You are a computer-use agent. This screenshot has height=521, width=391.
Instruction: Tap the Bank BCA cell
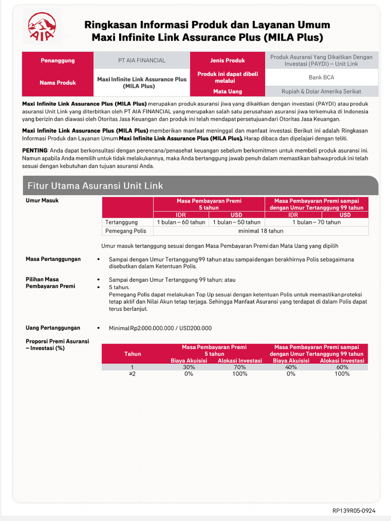tap(321, 78)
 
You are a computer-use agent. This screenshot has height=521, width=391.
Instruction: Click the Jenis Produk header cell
tap(227, 61)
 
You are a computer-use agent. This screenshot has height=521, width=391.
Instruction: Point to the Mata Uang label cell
tap(228, 92)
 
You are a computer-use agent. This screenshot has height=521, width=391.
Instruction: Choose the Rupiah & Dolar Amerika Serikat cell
tap(321, 92)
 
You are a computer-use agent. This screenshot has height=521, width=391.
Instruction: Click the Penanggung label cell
tap(58, 61)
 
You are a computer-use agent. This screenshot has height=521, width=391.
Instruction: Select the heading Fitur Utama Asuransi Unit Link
tap(95, 186)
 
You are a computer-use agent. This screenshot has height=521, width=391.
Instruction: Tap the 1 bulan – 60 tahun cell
tap(181, 222)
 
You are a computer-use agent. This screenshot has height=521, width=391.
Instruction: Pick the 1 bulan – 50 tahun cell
tap(236, 222)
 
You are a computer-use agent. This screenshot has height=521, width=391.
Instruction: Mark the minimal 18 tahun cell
tap(261, 231)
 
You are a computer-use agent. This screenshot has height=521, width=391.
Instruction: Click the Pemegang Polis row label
tap(125, 231)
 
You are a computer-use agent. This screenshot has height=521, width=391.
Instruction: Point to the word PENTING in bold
tap(35, 151)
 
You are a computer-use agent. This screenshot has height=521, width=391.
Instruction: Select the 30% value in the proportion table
tap(189, 367)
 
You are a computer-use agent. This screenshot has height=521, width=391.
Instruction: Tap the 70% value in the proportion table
tap(240, 367)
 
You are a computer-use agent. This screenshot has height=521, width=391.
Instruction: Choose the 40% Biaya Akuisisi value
tap(291, 367)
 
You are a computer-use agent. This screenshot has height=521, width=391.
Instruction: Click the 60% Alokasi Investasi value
tap(342, 367)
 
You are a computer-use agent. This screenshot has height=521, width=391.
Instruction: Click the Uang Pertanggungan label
tap(53, 328)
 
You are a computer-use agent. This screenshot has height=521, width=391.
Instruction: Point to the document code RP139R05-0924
tap(354, 510)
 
